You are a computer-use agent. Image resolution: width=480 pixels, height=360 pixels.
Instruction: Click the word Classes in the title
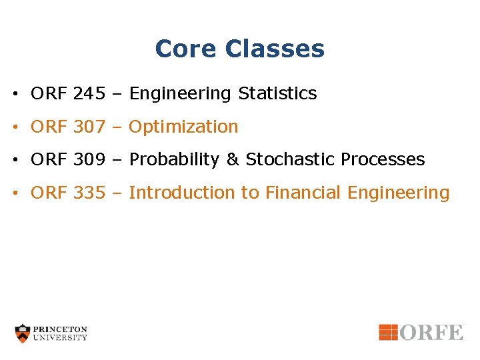click(275, 49)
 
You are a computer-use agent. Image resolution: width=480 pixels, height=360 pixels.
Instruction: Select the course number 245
click(89, 94)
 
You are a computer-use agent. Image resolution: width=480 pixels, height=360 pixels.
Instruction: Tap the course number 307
click(89, 127)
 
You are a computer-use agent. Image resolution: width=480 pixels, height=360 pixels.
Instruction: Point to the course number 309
click(89, 160)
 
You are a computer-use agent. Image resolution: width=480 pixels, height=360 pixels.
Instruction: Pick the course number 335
click(89, 193)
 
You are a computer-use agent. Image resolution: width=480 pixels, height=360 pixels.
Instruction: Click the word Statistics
click(277, 94)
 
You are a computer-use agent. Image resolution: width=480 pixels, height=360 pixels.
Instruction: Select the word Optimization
click(183, 127)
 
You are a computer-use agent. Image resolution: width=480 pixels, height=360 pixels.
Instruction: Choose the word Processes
click(383, 160)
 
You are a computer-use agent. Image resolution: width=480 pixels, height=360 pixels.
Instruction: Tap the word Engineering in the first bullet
click(181, 94)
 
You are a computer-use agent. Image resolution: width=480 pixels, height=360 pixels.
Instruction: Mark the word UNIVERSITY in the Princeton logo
click(61, 337)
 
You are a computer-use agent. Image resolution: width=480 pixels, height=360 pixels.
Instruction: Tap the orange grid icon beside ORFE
click(388, 332)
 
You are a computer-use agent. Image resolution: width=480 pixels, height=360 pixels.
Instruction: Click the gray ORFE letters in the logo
click(432, 332)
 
